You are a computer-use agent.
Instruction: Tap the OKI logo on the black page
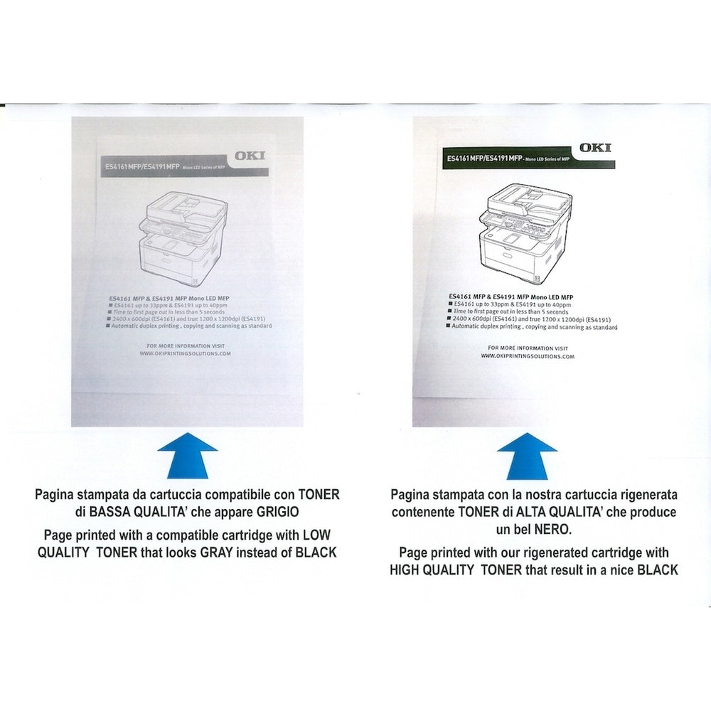594,148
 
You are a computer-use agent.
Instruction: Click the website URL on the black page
527,356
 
